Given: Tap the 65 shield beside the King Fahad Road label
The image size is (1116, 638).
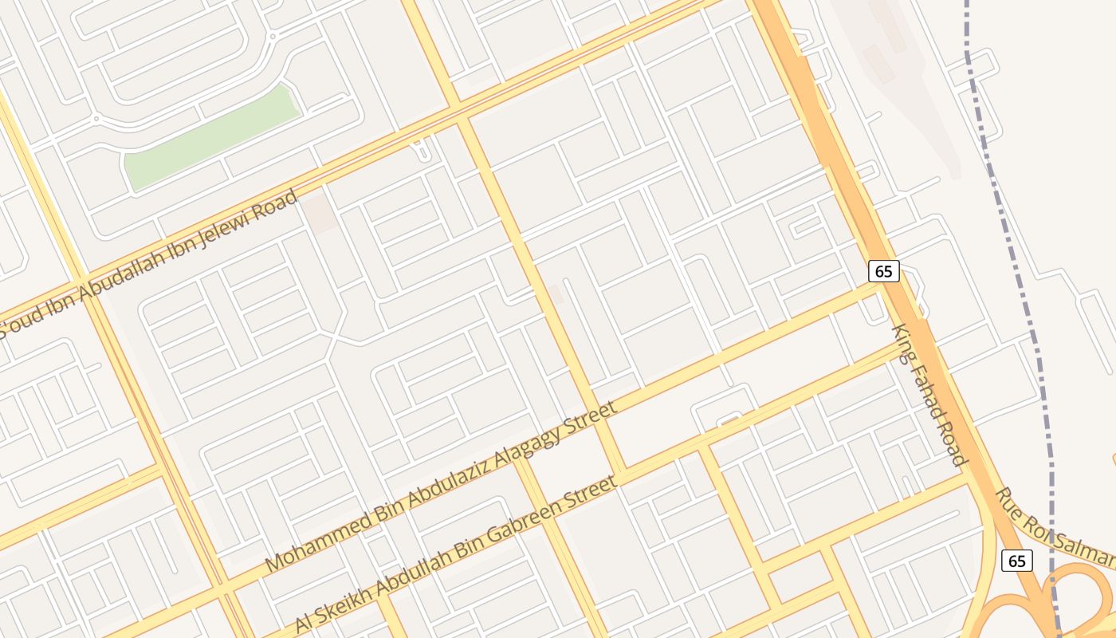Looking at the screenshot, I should click(883, 271).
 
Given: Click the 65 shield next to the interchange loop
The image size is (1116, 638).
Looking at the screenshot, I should click(1016, 561).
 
